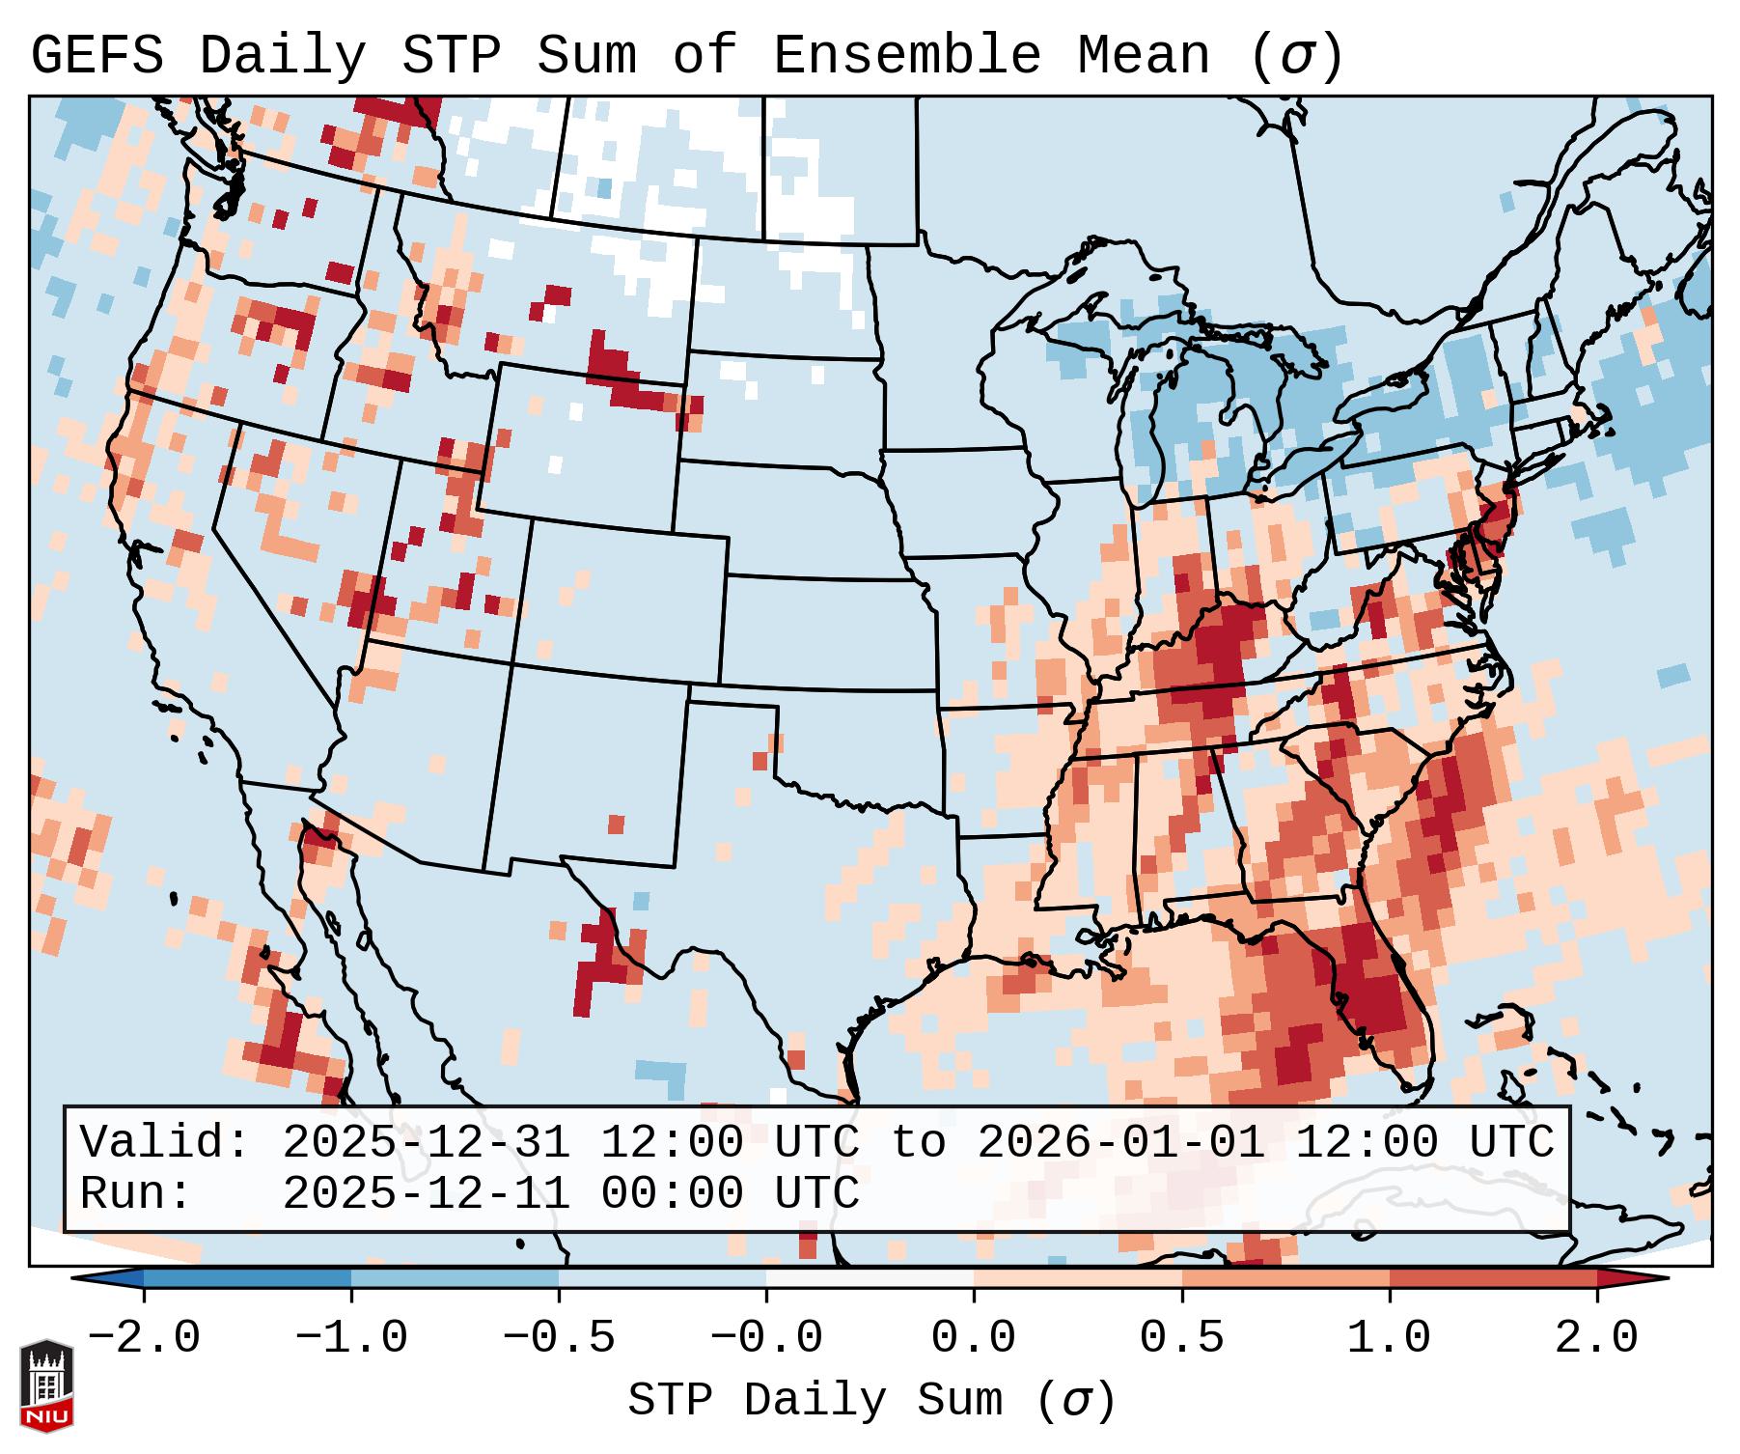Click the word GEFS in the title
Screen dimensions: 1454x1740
(x=97, y=56)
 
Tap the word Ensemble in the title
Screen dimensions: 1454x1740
(x=906, y=56)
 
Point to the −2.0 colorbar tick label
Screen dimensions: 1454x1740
(x=144, y=1338)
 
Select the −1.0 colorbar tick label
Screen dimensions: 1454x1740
(x=351, y=1338)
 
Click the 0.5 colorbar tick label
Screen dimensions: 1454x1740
(x=1181, y=1338)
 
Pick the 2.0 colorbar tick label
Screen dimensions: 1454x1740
(x=1596, y=1338)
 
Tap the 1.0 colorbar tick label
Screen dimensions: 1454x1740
(x=1389, y=1338)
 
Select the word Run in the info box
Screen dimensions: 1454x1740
(x=135, y=1193)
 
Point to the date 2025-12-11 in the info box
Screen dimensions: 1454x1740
(x=426, y=1193)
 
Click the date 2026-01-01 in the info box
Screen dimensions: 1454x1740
(x=1121, y=1143)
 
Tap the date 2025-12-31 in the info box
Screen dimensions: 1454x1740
(x=426, y=1143)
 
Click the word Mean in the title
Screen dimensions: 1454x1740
(x=1143, y=56)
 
